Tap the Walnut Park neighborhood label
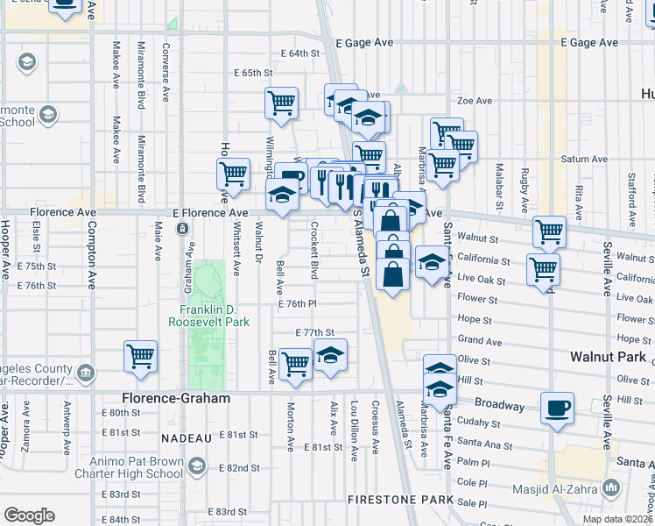pyautogui.click(x=608, y=358)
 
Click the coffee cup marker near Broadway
pyautogui.click(x=557, y=409)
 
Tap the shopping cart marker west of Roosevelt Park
pyautogui.click(x=140, y=357)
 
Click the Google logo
pyautogui.click(x=29, y=515)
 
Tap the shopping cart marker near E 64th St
pyautogui.click(x=281, y=103)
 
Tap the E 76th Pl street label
pyautogui.click(x=297, y=303)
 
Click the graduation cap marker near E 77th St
pyautogui.click(x=330, y=356)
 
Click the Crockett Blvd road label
pyautogui.click(x=313, y=249)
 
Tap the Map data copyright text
pyautogui.click(x=617, y=519)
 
